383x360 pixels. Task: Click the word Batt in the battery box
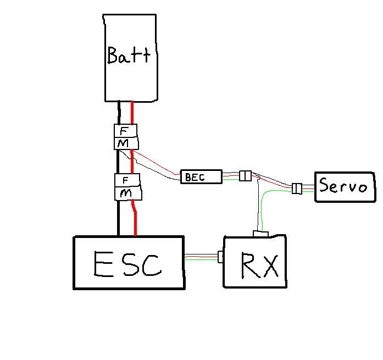pos(129,56)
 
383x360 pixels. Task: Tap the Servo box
pos(343,186)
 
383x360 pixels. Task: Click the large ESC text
pos(127,263)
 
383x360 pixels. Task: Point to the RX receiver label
pos(260,265)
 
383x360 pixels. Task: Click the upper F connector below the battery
pos(125,131)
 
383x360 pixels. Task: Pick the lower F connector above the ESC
pos(126,180)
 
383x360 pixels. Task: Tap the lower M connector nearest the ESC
pos(127,193)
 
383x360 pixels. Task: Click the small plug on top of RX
pos(260,235)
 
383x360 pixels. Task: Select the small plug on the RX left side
pos(221,257)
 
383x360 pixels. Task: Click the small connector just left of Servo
pos(297,189)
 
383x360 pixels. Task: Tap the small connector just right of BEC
pos(245,176)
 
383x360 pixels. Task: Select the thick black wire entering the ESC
pos(118,220)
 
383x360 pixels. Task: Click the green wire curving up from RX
pos(265,203)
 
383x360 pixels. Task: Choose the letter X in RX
pos(270,265)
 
